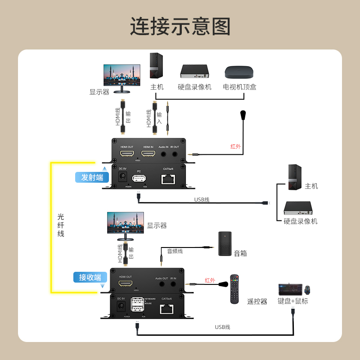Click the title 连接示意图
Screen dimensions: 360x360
pyautogui.click(x=180, y=27)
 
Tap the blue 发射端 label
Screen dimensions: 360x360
pyautogui.click(x=92, y=177)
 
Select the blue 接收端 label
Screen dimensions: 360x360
pyautogui.click(x=90, y=277)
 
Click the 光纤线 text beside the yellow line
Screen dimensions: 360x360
pyautogui.click(x=61, y=225)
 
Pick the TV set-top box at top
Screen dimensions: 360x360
pyautogui.click(x=240, y=72)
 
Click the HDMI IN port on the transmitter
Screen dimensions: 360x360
pyautogui.click(x=148, y=154)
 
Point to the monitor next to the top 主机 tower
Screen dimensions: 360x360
pyautogui.click(x=122, y=76)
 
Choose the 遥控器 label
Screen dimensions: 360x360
pyautogui.click(x=257, y=301)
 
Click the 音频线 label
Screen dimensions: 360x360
pyautogui.click(x=175, y=251)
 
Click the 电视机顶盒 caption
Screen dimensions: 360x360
pyautogui.click(x=240, y=87)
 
